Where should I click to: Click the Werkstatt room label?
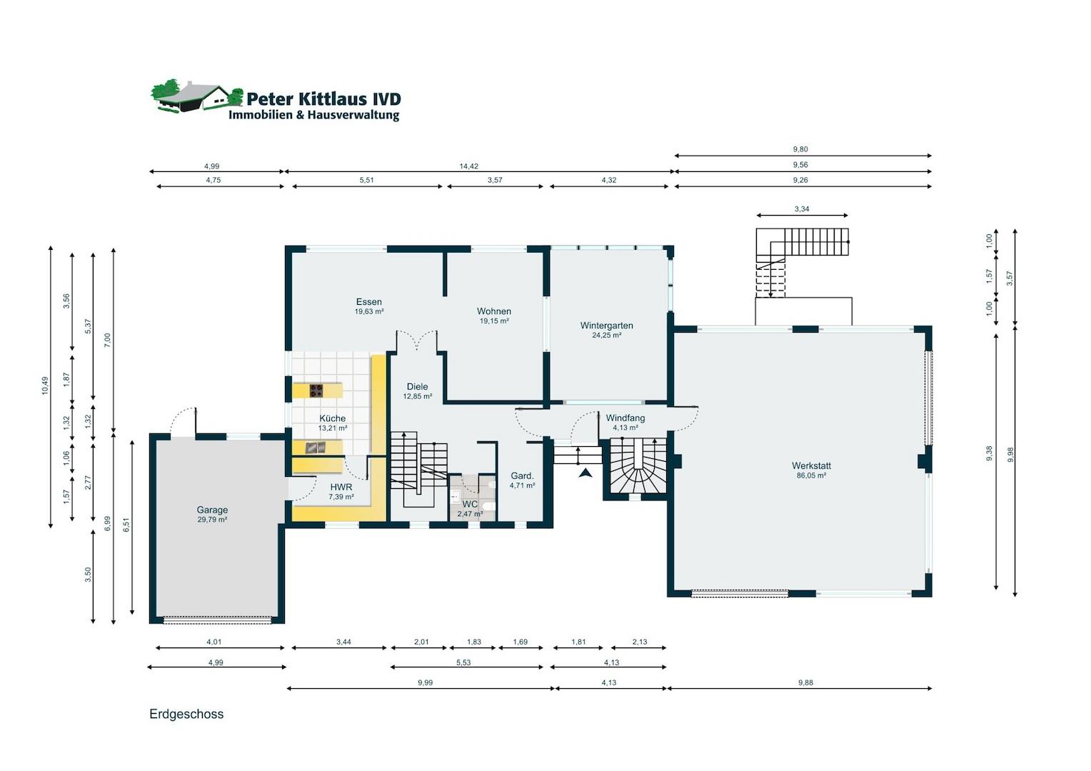pos(811,466)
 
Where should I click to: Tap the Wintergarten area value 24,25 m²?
pos(606,336)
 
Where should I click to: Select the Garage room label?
pos(212,510)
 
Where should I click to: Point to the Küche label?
pos(333,418)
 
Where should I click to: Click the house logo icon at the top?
pos(196,96)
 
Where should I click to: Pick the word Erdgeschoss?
pos(186,714)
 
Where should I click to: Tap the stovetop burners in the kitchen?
pos(316,390)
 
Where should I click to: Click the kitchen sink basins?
pos(316,447)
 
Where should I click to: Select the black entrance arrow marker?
pos(585,473)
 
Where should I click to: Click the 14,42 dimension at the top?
pos(468,166)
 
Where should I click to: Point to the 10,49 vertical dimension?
pos(45,385)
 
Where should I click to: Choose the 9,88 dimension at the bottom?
pos(805,682)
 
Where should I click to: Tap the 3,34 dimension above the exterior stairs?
pos(802,209)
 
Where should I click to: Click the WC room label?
pos(470,504)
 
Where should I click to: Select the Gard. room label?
pos(522,476)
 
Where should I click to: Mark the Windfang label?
pos(625,418)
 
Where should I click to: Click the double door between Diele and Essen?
pos(417,340)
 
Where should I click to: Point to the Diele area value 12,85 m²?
pos(418,396)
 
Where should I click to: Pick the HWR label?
pos(341,487)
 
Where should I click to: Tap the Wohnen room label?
pos(494,311)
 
